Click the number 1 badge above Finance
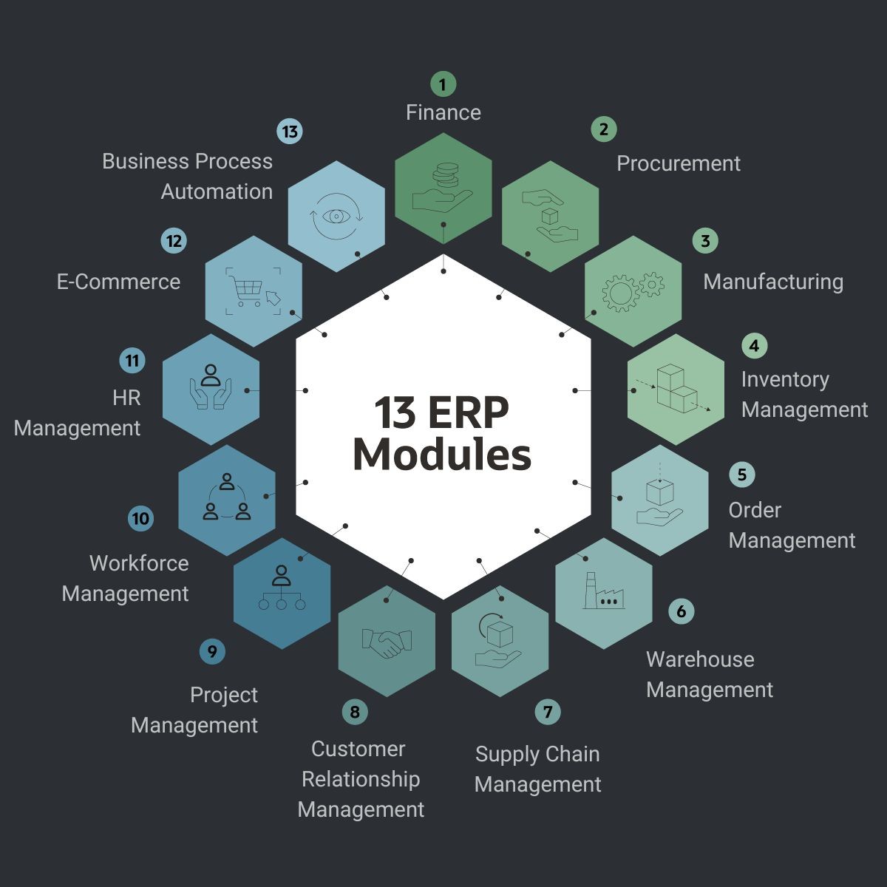443,84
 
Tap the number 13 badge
290,132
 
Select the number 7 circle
548,712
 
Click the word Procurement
678,163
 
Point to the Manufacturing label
772,282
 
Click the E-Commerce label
118,282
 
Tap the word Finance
443,112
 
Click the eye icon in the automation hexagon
336,216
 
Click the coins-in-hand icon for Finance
443,188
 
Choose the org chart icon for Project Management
281,589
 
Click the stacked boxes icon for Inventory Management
676,389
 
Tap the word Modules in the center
442,455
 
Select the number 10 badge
140,518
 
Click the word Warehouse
699,659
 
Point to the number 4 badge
754,345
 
